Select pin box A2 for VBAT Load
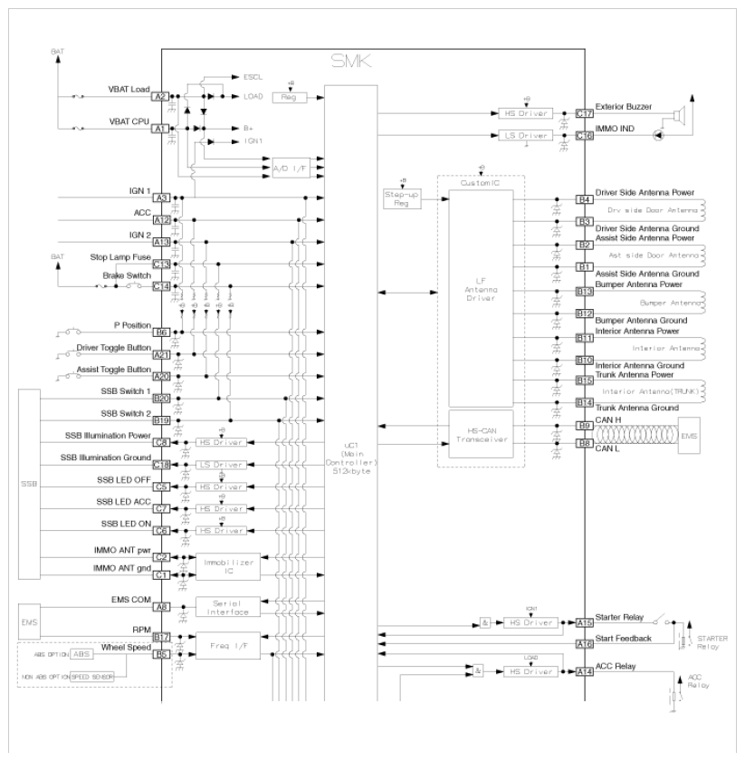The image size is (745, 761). (160, 95)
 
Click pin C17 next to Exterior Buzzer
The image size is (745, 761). (584, 113)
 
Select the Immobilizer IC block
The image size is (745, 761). (230, 566)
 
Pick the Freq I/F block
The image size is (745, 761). (230, 647)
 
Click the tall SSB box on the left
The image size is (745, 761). (31, 484)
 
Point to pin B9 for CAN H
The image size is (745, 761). (584, 424)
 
